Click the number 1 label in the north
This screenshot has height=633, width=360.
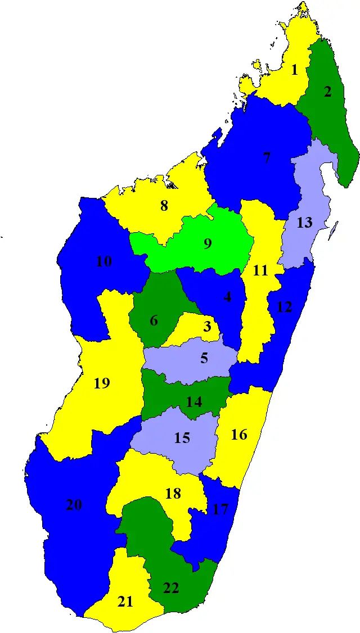pyautogui.click(x=294, y=70)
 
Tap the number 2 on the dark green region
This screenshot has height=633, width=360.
pyautogui.click(x=327, y=92)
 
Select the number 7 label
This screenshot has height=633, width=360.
pyautogui.click(x=267, y=158)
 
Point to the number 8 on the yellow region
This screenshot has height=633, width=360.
pyautogui.click(x=164, y=206)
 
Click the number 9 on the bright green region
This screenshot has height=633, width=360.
pyautogui.click(x=208, y=244)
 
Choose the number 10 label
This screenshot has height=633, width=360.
pyautogui.click(x=104, y=261)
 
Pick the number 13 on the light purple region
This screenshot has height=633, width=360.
pyautogui.click(x=304, y=223)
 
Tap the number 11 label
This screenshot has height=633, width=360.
pyautogui.click(x=260, y=270)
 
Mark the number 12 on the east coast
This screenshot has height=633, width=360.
pyautogui.click(x=285, y=308)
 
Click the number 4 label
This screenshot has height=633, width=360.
pyautogui.click(x=227, y=297)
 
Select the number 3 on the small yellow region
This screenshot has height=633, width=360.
pyautogui.click(x=208, y=326)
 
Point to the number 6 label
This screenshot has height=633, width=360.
pyautogui.click(x=154, y=321)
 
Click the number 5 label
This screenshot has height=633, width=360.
pyautogui.click(x=204, y=358)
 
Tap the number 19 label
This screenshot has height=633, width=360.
pyautogui.click(x=102, y=383)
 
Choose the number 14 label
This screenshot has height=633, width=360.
pyautogui.click(x=194, y=402)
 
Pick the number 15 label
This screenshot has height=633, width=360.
pyautogui.click(x=182, y=437)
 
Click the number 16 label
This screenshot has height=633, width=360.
pyautogui.click(x=239, y=434)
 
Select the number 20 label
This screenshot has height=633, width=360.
pyautogui.click(x=74, y=505)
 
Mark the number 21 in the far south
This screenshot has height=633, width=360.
pyautogui.click(x=125, y=602)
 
